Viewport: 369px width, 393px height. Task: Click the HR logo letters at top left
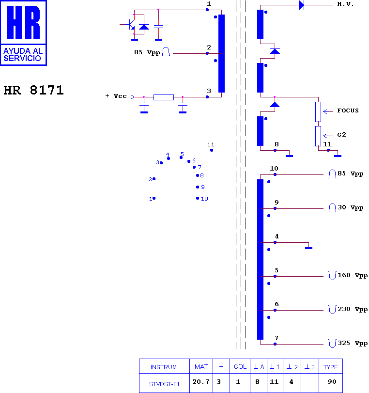[24, 23]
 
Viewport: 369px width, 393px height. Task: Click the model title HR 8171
[34, 90]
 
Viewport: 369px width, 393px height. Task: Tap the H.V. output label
[345, 4]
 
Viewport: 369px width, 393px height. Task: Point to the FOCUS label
[348, 110]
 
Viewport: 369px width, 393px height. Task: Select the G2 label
[342, 135]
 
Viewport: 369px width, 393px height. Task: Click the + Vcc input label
[116, 96]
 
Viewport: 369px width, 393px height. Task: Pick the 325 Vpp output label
[353, 343]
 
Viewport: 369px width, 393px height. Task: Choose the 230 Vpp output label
[353, 309]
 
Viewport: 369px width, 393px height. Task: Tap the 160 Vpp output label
[353, 275]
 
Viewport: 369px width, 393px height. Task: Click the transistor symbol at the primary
[131, 24]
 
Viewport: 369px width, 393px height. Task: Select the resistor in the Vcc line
[164, 97]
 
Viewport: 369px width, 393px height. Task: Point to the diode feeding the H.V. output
[301, 5]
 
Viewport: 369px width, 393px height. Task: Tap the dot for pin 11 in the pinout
[212, 150]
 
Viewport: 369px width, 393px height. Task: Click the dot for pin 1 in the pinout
[154, 198]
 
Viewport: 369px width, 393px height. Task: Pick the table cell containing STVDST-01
[164, 383]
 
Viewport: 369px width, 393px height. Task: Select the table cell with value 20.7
[201, 383]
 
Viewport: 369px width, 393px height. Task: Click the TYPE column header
[331, 366]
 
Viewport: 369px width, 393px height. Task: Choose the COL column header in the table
[240, 366]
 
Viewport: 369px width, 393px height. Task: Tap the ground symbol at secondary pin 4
[308, 248]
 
